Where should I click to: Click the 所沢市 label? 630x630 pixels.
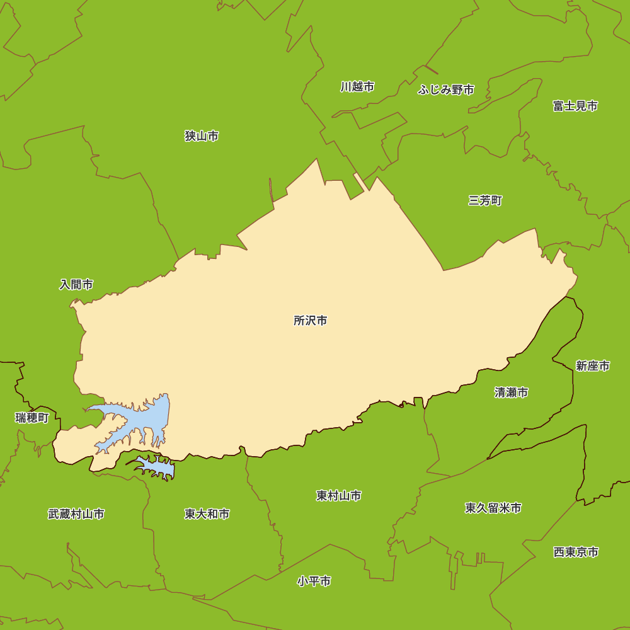pyautogui.click(x=311, y=321)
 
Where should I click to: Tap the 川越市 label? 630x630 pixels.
pyautogui.click(x=357, y=87)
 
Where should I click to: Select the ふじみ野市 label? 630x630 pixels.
pyautogui.click(x=446, y=90)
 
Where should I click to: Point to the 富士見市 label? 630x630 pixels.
pyautogui.click(x=575, y=106)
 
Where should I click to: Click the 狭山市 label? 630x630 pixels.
pyautogui.click(x=202, y=136)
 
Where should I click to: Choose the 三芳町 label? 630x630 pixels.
pyautogui.click(x=485, y=200)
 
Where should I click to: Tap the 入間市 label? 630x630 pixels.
pyautogui.click(x=76, y=285)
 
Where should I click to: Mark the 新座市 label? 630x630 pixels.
pyautogui.click(x=592, y=366)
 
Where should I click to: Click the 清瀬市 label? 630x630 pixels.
pyautogui.click(x=511, y=392)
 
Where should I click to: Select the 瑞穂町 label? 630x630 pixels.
pyautogui.click(x=32, y=418)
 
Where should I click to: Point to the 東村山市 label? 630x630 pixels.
pyautogui.click(x=338, y=496)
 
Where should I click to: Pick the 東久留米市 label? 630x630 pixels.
pyautogui.click(x=493, y=508)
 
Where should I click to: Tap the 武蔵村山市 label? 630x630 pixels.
pyautogui.click(x=76, y=514)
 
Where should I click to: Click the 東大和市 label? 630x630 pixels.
pyautogui.click(x=207, y=514)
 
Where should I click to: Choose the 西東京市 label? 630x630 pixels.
pyautogui.click(x=576, y=552)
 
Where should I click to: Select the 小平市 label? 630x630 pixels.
pyautogui.click(x=314, y=581)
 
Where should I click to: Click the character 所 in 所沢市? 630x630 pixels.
pyautogui.click(x=299, y=321)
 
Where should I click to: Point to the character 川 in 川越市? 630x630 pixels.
pyautogui.click(x=346, y=87)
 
